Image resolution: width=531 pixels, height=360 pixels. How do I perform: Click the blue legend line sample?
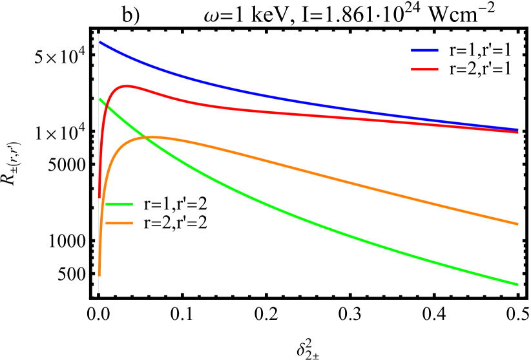[x=424, y=50]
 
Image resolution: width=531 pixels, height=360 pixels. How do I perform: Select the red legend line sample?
[x=424, y=69]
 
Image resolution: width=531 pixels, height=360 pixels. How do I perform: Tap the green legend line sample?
[x=119, y=204]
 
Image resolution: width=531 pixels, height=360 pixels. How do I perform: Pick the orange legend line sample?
[x=119, y=224]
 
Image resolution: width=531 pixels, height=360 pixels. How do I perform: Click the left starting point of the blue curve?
[x=99, y=42]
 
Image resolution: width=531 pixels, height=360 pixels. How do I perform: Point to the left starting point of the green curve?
[x=99, y=99]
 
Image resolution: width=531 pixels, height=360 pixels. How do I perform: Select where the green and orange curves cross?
[x=146, y=138]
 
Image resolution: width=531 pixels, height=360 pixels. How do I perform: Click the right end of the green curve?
[x=518, y=284]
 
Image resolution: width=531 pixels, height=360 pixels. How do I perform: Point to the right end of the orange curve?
[x=518, y=224]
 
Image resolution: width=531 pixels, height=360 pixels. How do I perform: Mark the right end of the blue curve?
[x=518, y=129]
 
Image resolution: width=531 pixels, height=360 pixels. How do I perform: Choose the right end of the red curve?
[x=518, y=132]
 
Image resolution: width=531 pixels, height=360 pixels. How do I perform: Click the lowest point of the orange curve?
[x=99, y=275]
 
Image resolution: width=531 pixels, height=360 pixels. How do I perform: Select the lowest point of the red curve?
[x=99, y=196]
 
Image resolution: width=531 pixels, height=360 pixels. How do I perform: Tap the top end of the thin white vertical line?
[x=98, y=34]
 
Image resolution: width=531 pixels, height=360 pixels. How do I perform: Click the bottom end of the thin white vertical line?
[x=98, y=292]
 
